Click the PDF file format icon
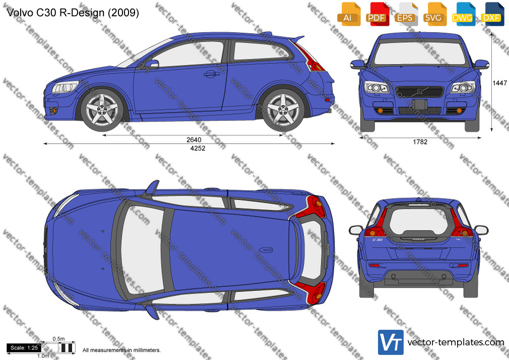[x=377, y=15]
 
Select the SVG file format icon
[x=434, y=15]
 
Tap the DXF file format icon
[x=492, y=15]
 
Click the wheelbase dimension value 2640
[x=194, y=140]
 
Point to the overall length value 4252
[x=198, y=148]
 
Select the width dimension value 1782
[x=420, y=142]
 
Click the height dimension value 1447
[x=499, y=83]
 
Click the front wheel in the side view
[x=102, y=110]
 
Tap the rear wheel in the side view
[x=283, y=110]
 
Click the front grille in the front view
[x=420, y=92]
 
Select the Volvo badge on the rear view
[x=418, y=239]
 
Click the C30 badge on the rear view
[x=377, y=240]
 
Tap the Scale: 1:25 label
[x=24, y=348]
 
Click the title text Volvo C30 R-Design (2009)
[x=73, y=13]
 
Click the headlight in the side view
[x=65, y=87]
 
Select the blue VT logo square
[x=391, y=342]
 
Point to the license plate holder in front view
[x=420, y=104]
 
